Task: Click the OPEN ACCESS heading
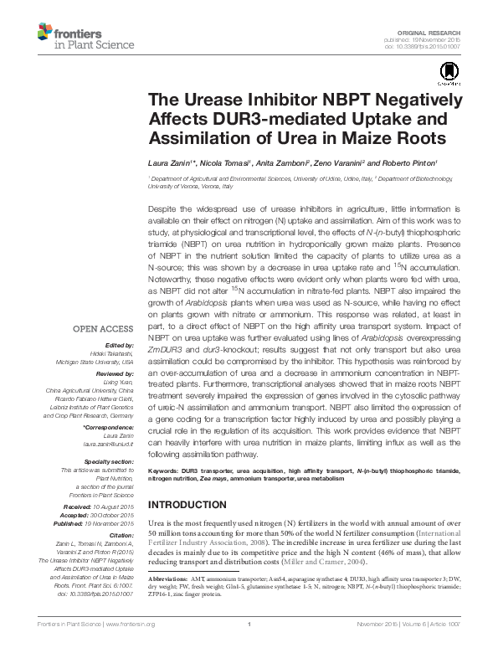point(102,328)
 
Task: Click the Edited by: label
point(118,345)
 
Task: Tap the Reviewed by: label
point(114,373)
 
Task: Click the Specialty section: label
point(110,461)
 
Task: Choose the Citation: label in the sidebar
point(121,533)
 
